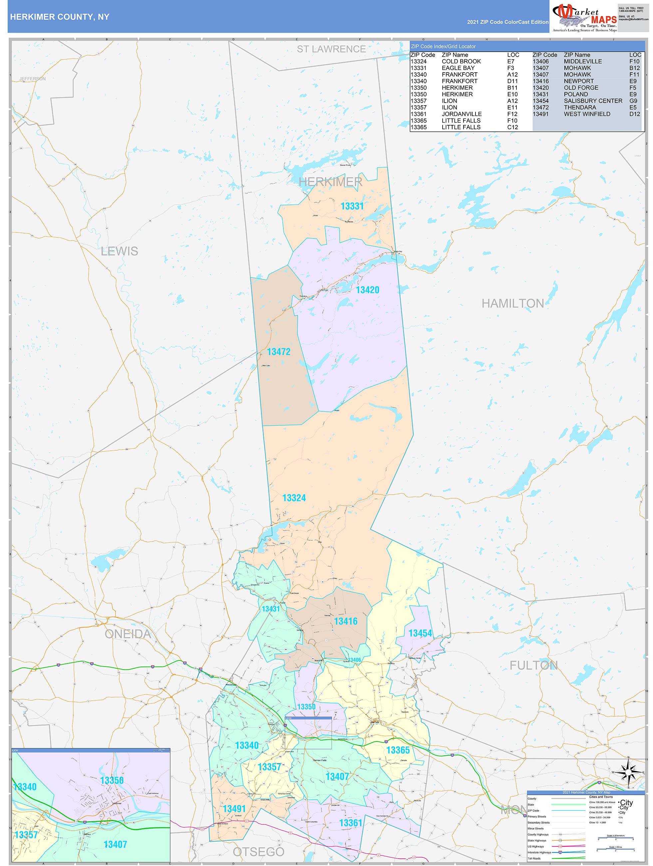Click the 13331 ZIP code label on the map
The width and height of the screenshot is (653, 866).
(x=352, y=206)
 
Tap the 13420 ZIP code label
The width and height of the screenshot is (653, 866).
(x=367, y=290)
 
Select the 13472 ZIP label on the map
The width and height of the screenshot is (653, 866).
(x=278, y=352)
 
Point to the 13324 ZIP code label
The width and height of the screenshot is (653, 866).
(x=294, y=498)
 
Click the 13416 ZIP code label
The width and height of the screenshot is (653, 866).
(x=345, y=621)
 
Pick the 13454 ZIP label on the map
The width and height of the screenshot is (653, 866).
(x=420, y=634)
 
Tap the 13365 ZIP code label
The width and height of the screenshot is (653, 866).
(x=398, y=750)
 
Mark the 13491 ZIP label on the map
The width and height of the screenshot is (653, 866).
(x=234, y=809)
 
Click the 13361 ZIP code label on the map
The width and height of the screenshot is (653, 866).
(x=350, y=823)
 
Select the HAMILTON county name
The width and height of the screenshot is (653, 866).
(x=512, y=303)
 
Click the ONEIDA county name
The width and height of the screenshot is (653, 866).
(x=128, y=634)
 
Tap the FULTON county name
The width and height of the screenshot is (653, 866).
(x=533, y=665)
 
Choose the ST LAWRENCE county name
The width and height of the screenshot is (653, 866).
(x=331, y=49)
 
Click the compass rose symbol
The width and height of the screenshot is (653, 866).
(x=628, y=772)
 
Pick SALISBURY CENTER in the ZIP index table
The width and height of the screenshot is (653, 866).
(x=593, y=101)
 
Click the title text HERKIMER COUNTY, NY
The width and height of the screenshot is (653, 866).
(x=60, y=17)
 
